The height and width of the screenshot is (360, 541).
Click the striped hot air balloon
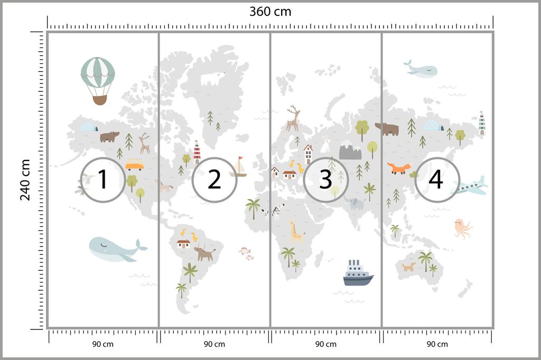coord(98,79)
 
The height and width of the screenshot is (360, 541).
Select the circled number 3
coord(325,179)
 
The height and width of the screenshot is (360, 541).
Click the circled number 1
coord(102,179)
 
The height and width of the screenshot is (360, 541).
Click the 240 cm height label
coord(25,179)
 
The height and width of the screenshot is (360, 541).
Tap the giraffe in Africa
coord(296,231)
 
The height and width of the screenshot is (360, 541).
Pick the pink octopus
coord(462,228)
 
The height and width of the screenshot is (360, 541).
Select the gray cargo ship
coord(358,273)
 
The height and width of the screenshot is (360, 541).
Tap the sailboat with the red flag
coord(239,167)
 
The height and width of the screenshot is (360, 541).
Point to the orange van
coord(134,165)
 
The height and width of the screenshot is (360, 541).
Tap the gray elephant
coord(355,203)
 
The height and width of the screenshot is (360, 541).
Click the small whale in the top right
coord(421,69)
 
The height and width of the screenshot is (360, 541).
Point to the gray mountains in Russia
coord(350,151)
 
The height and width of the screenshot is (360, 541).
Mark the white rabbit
coord(326,141)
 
